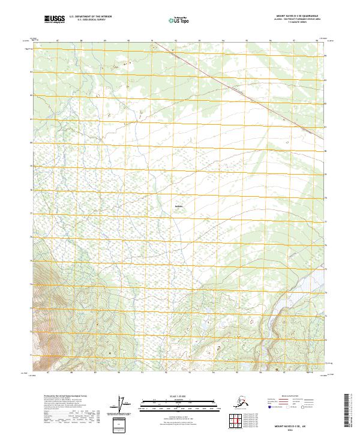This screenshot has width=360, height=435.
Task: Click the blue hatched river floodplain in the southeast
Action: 274,324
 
